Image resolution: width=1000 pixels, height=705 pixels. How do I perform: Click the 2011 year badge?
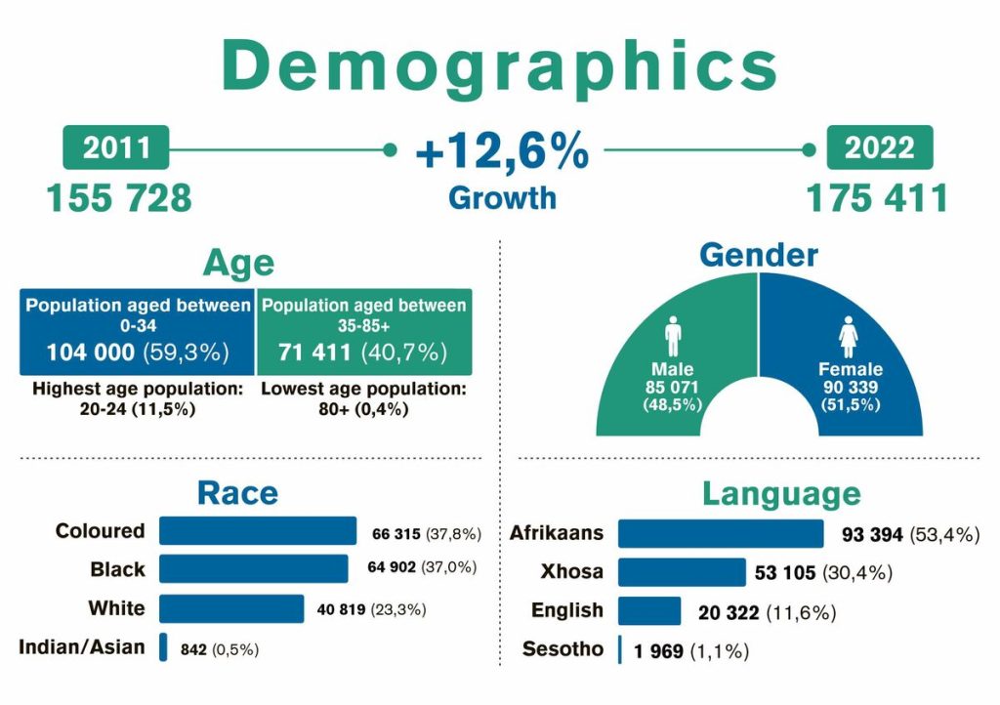(x=116, y=147)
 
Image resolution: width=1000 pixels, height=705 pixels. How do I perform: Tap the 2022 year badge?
(x=880, y=147)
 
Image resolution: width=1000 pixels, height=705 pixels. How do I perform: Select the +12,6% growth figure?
(x=502, y=151)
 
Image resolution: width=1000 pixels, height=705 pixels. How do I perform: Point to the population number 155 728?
(x=119, y=197)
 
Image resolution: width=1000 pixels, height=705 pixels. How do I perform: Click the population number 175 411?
(x=877, y=197)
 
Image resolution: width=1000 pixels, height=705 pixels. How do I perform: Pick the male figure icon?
(x=673, y=336)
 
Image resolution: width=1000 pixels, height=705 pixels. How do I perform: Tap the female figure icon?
(x=849, y=337)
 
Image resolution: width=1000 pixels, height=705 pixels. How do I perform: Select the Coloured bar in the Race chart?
(x=258, y=531)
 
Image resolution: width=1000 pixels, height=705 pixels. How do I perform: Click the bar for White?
(x=231, y=608)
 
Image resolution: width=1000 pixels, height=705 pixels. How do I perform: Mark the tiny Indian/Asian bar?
(x=163, y=647)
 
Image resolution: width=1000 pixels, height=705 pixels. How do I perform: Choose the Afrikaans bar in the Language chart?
(x=721, y=533)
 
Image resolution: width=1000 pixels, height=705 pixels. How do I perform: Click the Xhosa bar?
(x=682, y=572)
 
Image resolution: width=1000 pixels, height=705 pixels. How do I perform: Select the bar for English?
(x=649, y=610)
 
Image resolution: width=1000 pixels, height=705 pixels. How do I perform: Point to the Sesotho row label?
(x=562, y=649)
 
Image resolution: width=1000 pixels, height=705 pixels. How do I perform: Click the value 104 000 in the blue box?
(x=91, y=352)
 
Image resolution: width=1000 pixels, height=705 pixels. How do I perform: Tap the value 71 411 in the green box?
(x=314, y=352)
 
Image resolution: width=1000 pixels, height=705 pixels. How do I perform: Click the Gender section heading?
(x=758, y=255)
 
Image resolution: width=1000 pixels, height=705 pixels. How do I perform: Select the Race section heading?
(x=237, y=493)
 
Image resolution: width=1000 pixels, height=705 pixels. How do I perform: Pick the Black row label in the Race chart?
(x=117, y=569)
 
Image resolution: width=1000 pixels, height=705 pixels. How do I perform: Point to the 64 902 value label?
(x=392, y=567)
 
